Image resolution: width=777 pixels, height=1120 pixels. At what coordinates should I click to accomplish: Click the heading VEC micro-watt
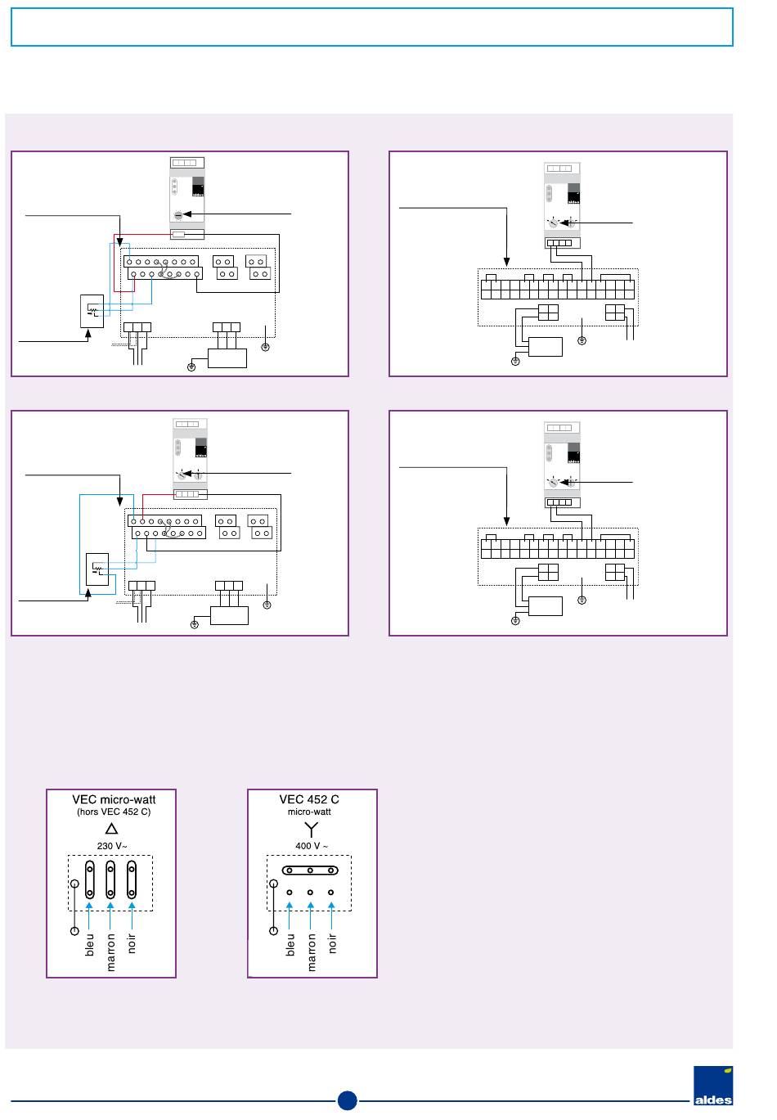pyautogui.click(x=114, y=799)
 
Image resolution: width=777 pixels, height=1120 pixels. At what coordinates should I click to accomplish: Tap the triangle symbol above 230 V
pyautogui.click(x=112, y=829)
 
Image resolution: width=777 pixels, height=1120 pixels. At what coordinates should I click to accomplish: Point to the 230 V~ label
pyautogui.click(x=112, y=846)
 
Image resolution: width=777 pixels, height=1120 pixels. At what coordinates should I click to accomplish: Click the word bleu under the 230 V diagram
pyautogui.click(x=90, y=944)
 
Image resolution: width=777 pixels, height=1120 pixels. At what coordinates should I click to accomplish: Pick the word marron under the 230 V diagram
pyautogui.click(x=111, y=952)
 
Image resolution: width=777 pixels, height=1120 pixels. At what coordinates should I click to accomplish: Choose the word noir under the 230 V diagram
pyautogui.click(x=132, y=943)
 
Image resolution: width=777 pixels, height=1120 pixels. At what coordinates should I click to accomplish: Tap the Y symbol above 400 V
pyautogui.click(x=310, y=829)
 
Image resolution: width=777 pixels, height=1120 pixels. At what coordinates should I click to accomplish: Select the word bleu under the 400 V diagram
pyautogui.click(x=290, y=944)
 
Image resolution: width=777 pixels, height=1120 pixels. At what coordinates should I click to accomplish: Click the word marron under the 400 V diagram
pyautogui.click(x=312, y=952)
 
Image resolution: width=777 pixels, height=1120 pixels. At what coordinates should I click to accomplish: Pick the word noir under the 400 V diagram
pyautogui.click(x=332, y=943)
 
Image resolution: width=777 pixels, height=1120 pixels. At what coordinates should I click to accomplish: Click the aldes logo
pyautogui.click(x=712, y=1086)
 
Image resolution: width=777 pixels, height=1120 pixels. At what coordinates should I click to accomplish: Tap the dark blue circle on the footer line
pyautogui.click(x=347, y=1100)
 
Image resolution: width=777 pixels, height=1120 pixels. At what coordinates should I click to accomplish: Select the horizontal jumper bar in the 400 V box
pyautogui.click(x=310, y=870)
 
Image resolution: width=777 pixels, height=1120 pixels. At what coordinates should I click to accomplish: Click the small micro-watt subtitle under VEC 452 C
pyautogui.click(x=309, y=812)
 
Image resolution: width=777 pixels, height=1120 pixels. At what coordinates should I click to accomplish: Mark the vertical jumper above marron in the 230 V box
pyautogui.click(x=110, y=879)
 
